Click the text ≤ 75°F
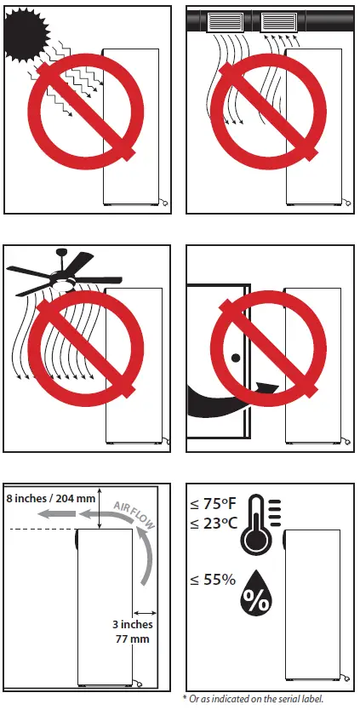pos(213,505)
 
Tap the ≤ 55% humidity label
pos(212,580)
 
